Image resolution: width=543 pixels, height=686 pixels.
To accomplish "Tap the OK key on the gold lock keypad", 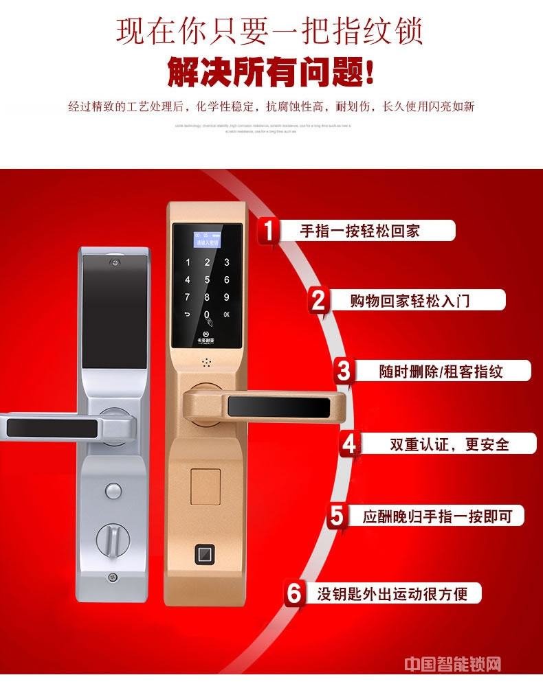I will pyautogui.click(x=226, y=316).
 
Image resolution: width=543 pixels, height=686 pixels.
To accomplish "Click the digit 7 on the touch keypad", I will pyautogui.click(x=188, y=298).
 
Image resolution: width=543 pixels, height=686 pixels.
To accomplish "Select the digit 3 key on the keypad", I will pyautogui.click(x=226, y=262).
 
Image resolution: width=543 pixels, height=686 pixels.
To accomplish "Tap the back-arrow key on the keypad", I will pyautogui.click(x=188, y=316).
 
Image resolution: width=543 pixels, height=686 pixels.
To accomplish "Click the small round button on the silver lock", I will pyautogui.click(x=111, y=490).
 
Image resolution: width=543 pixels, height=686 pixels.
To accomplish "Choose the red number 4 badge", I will pyautogui.click(x=351, y=444).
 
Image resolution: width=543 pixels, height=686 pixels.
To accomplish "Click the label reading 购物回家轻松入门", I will pyautogui.click(x=410, y=300).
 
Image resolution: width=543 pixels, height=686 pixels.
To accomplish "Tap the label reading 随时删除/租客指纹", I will pyautogui.click(x=441, y=371).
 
